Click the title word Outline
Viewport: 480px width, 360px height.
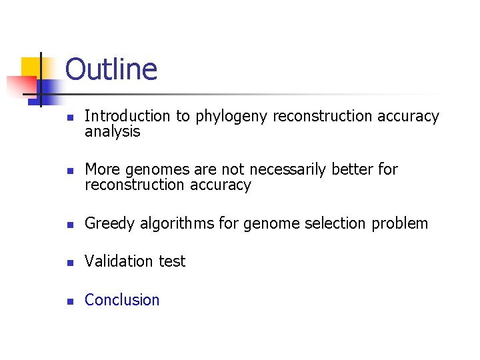coord(111,69)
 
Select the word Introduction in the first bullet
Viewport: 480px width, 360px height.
coord(127,116)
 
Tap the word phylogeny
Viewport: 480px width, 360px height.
coord(231,117)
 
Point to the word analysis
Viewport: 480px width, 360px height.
coord(112,131)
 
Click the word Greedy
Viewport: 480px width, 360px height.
coord(109,224)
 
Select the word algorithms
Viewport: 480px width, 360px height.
coord(177,224)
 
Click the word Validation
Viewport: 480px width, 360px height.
coord(120,261)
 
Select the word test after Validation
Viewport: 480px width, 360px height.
coord(173,261)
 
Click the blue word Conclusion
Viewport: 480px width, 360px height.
coord(122,300)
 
